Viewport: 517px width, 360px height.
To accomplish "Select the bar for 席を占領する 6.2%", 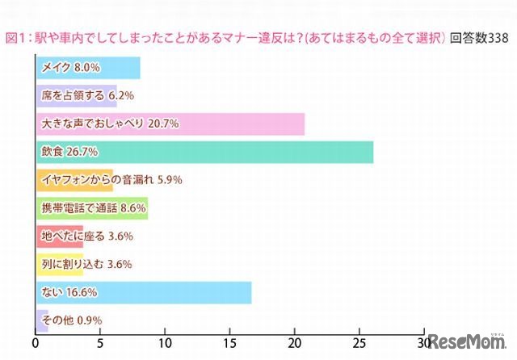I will click(77, 97).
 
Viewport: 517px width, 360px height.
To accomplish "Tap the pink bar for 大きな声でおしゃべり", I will click(170, 124).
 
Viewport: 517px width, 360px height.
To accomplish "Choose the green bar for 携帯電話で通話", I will click(92, 208).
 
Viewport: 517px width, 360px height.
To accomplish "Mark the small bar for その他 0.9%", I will click(43, 320).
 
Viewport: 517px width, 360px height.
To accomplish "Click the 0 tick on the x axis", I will click(36, 342).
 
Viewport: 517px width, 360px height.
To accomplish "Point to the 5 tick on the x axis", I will click(101, 342).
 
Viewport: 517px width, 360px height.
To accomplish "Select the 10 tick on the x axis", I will click(166, 342).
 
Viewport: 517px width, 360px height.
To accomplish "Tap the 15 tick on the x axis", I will click(230, 342).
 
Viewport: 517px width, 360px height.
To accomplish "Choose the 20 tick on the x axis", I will click(295, 342).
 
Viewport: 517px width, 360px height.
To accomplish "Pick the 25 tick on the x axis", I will click(359, 342).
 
